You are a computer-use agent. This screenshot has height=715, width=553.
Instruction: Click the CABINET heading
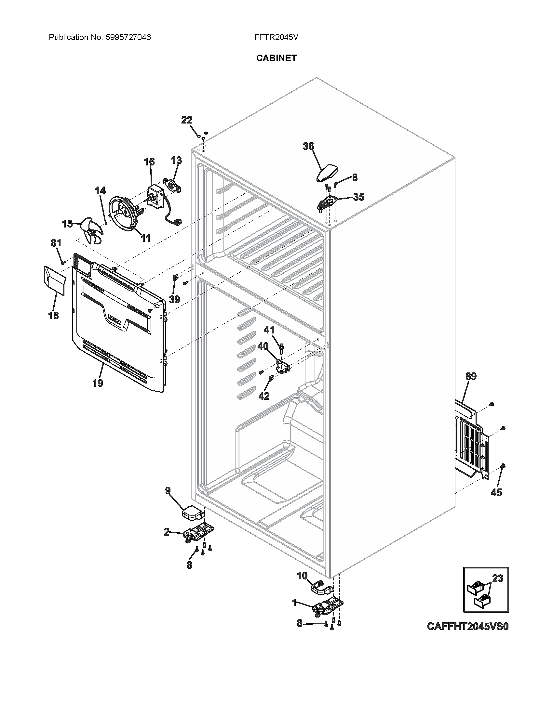point(276,58)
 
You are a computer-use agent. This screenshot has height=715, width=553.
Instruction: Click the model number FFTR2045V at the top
point(276,37)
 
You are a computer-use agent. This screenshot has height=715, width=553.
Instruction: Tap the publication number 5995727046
point(128,37)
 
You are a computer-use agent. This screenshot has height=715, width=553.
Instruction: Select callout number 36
point(308,146)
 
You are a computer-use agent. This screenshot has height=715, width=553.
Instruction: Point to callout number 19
point(98,383)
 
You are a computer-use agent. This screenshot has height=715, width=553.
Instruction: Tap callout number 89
point(471,376)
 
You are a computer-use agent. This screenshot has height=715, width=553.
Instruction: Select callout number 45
point(497,492)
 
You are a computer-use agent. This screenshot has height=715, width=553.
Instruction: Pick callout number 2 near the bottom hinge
point(167,532)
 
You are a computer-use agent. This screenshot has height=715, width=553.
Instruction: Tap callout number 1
point(294,602)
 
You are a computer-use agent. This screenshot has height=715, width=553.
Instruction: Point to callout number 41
point(269,330)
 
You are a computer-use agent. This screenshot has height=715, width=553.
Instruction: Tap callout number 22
point(187,120)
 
